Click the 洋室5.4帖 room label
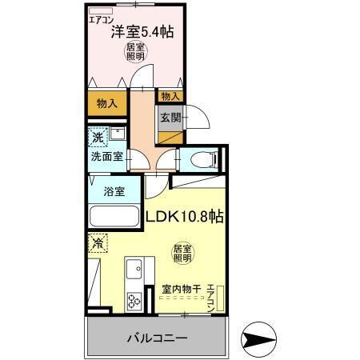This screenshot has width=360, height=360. pyautogui.click(x=143, y=33)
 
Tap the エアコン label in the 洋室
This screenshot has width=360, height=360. pyautogui.click(x=101, y=18)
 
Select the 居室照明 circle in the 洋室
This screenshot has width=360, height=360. pyautogui.click(x=135, y=53)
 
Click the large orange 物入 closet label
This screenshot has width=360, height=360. pyautogui.click(x=107, y=103)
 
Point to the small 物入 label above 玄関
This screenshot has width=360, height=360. pyautogui.click(x=170, y=96)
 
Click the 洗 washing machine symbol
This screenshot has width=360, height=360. pyautogui.click(x=96, y=136)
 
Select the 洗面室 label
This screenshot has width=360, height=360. pyautogui.click(x=106, y=156)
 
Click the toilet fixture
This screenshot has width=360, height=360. pyautogui.click(x=204, y=158)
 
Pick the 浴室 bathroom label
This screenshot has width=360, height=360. pyautogui.click(x=114, y=191)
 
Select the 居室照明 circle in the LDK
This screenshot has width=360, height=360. pyautogui.click(x=182, y=254)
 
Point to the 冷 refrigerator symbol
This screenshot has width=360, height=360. pyautogui.click(x=97, y=242)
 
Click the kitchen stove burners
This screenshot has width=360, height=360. pyautogui.click(x=133, y=302)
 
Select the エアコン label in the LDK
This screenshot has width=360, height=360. pyautogui.click(x=210, y=297)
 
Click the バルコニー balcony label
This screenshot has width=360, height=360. pyautogui.click(x=157, y=338)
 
